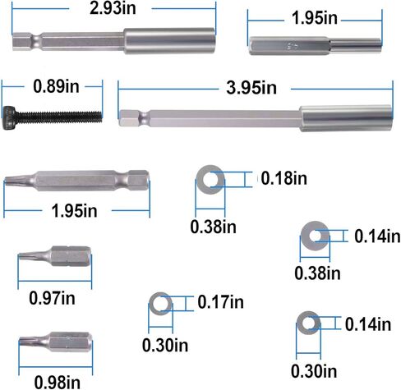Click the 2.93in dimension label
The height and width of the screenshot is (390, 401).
coord(113,8)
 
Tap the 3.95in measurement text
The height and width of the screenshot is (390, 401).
coord(251,88)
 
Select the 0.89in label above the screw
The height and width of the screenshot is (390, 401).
coord(56,86)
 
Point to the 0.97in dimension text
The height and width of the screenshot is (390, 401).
coord(52,298)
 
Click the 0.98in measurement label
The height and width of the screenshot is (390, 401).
coord(58,382)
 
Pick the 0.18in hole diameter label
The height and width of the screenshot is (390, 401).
coord(284,178)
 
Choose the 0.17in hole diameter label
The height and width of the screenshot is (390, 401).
coord(221,302)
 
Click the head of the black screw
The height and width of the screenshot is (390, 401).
coord(9,117)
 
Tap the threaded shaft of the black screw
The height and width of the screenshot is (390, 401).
coord(58,117)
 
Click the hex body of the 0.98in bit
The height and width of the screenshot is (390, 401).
coord(70,342)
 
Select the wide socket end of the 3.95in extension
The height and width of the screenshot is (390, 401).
coord(346,118)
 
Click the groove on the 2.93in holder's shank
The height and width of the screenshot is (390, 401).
coord(36,41)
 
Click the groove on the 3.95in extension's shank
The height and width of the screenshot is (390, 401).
coord(143,118)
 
